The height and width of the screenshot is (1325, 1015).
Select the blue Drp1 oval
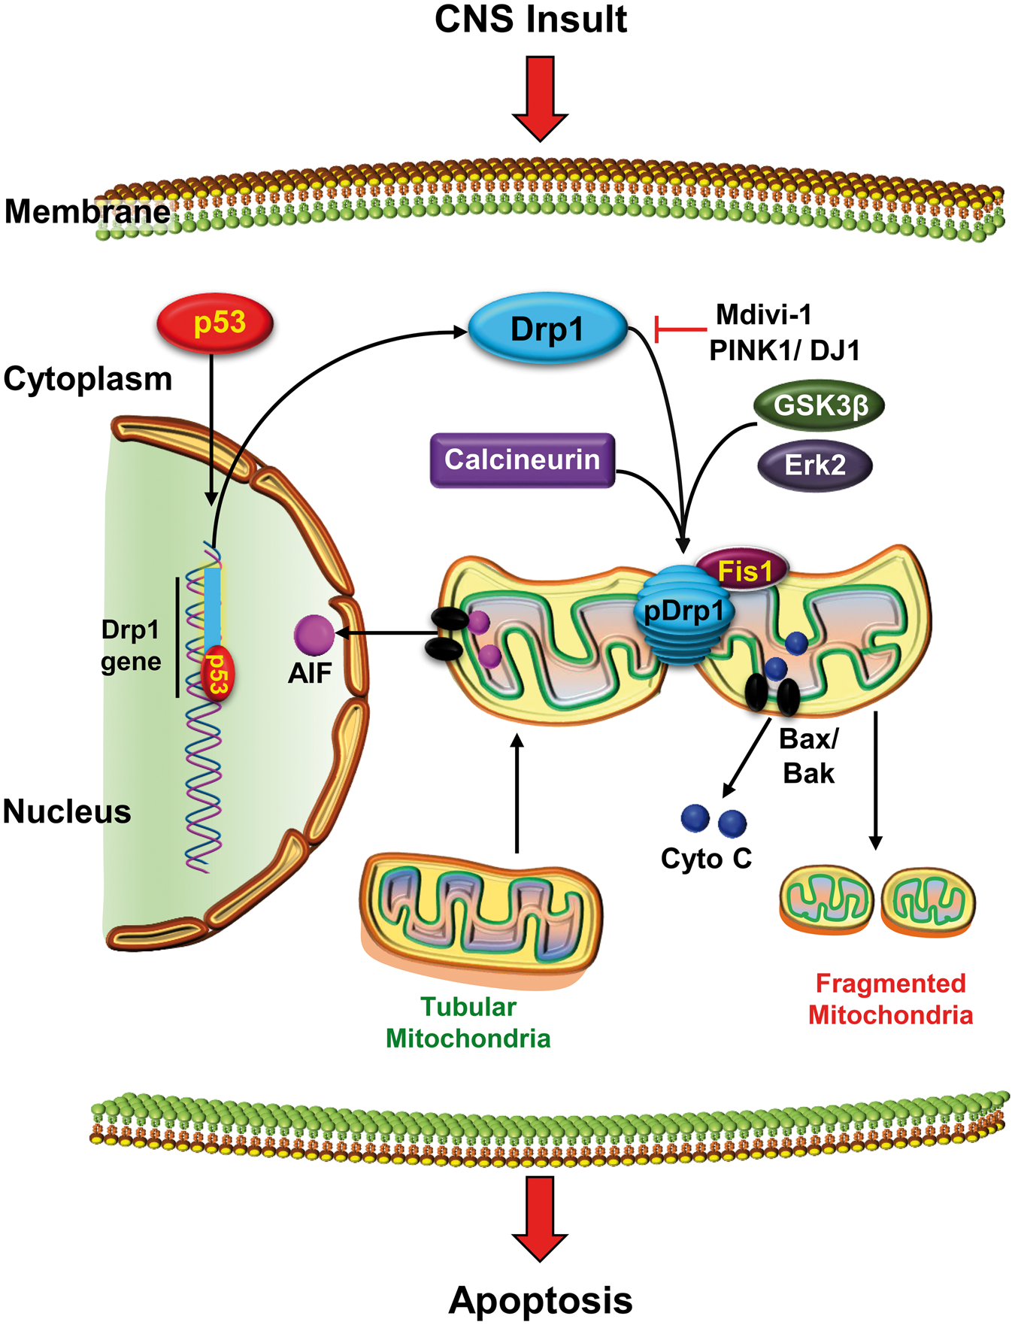[x=547, y=329]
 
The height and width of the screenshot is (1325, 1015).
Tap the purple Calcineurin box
[x=523, y=460]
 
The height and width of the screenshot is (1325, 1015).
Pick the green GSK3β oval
[x=820, y=406]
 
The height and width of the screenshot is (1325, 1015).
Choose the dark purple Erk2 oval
[x=815, y=465]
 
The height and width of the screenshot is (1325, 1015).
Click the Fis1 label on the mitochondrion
[x=744, y=571]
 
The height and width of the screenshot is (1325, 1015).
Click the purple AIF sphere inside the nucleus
[x=314, y=635]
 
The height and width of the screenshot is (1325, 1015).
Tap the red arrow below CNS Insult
[x=540, y=98]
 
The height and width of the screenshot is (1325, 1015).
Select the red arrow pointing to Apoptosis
[x=540, y=1218]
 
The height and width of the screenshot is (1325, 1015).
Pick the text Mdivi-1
[x=763, y=314]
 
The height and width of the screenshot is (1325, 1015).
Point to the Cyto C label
[x=706, y=858]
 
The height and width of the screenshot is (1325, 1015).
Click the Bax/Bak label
[x=809, y=756]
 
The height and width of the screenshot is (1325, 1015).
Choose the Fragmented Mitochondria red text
[x=890, y=999]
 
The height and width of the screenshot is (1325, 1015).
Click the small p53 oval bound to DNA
[x=217, y=673]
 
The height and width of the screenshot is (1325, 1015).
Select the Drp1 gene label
[x=131, y=645]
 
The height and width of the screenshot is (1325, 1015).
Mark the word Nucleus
[x=67, y=812]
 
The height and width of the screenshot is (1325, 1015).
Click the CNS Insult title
[x=531, y=19]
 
